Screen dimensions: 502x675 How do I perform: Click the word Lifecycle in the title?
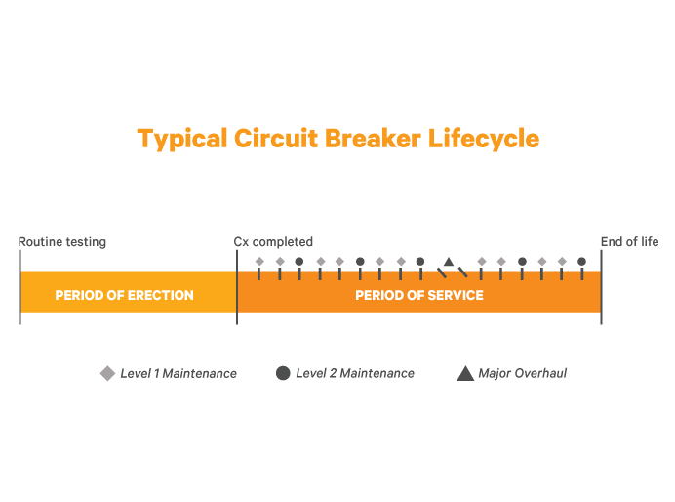(484, 139)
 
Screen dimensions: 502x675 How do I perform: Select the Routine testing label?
(62, 242)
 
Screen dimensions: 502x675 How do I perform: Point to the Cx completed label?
(273, 242)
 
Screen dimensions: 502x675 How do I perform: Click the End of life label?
(629, 242)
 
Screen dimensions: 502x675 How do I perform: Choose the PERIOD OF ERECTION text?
(124, 295)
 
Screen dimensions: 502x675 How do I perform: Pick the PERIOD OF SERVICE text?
(419, 295)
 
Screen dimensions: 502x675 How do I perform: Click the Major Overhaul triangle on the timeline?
(449, 262)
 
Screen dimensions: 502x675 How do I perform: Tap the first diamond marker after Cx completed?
(259, 262)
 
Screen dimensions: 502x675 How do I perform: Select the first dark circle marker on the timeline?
(299, 262)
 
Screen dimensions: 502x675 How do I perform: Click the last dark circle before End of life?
(582, 262)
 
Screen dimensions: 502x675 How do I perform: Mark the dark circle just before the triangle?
(420, 262)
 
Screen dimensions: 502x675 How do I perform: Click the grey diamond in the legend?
(107, 373)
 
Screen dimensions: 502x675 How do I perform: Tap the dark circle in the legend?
(283, 373)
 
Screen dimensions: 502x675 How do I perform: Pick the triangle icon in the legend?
(465, 373)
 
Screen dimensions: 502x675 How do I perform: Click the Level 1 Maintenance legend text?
(179, 373)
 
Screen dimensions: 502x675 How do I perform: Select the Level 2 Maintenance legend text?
(355, 373)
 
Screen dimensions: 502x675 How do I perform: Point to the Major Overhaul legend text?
(522, 373)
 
